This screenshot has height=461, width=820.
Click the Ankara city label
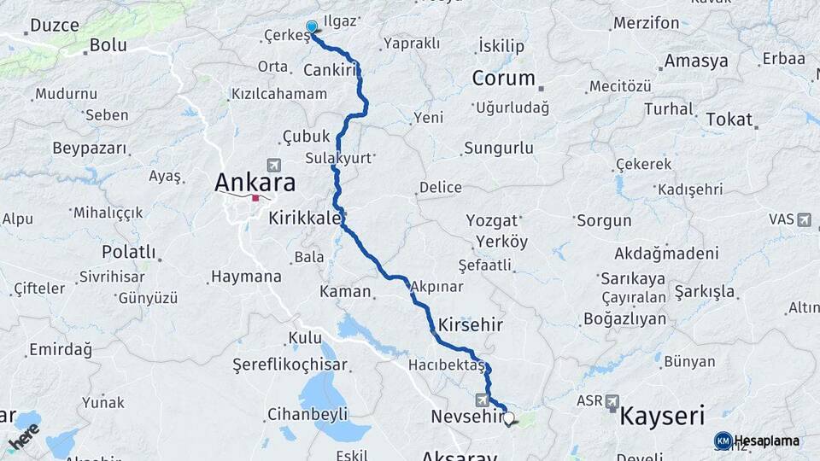[x=255, y=182]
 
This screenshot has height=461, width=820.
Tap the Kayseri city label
[x=661, y=416]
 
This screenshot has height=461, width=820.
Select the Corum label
[x=503, y=79]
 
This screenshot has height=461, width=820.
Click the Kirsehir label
[x=470, y=325]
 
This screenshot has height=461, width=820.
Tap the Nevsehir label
[x=468, y=417]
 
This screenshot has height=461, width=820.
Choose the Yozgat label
[x=492, y=221]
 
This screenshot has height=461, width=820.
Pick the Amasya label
[x=696, y=61]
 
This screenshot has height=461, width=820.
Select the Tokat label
[x=729, y=120]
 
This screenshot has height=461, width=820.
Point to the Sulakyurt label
[x=337, y=159]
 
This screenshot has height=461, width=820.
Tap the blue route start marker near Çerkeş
[x=312, y=28]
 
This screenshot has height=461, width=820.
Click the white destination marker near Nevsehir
[x=510, y=418]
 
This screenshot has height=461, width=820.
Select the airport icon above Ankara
[x=273, y=165]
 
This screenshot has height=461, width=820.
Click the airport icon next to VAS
[x=804, y=219]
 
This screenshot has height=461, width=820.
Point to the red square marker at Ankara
[x=255, y=198]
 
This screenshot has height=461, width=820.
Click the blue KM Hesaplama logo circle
[x=723, y=441]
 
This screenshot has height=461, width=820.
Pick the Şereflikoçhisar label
[x=290, y=365]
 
